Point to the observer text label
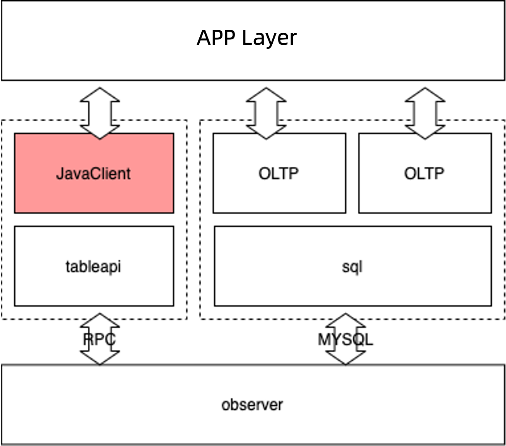pyautogui.click(x=252, y=405)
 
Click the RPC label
pyautogui.click(x=99, y=339)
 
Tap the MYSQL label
pyautogui.click(x=345, y=339)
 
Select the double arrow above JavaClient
pyautogui.click(x=100, y=113)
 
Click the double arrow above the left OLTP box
pyautogui.click(x=266, y=113)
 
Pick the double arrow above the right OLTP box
pyautogui.click(x=425, y=113)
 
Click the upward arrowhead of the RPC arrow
pyautogui.click(x=100, y=319)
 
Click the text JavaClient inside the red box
pyautogui.click(x=93, y=173)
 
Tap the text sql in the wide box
pyautogui.click(x=352, y=267)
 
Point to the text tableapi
pyautogui.click(x=93, y=266)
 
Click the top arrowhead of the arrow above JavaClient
pyautogui.click(x=100, y=94)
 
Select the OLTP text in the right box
pyautogui.click(x=424, y=173)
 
